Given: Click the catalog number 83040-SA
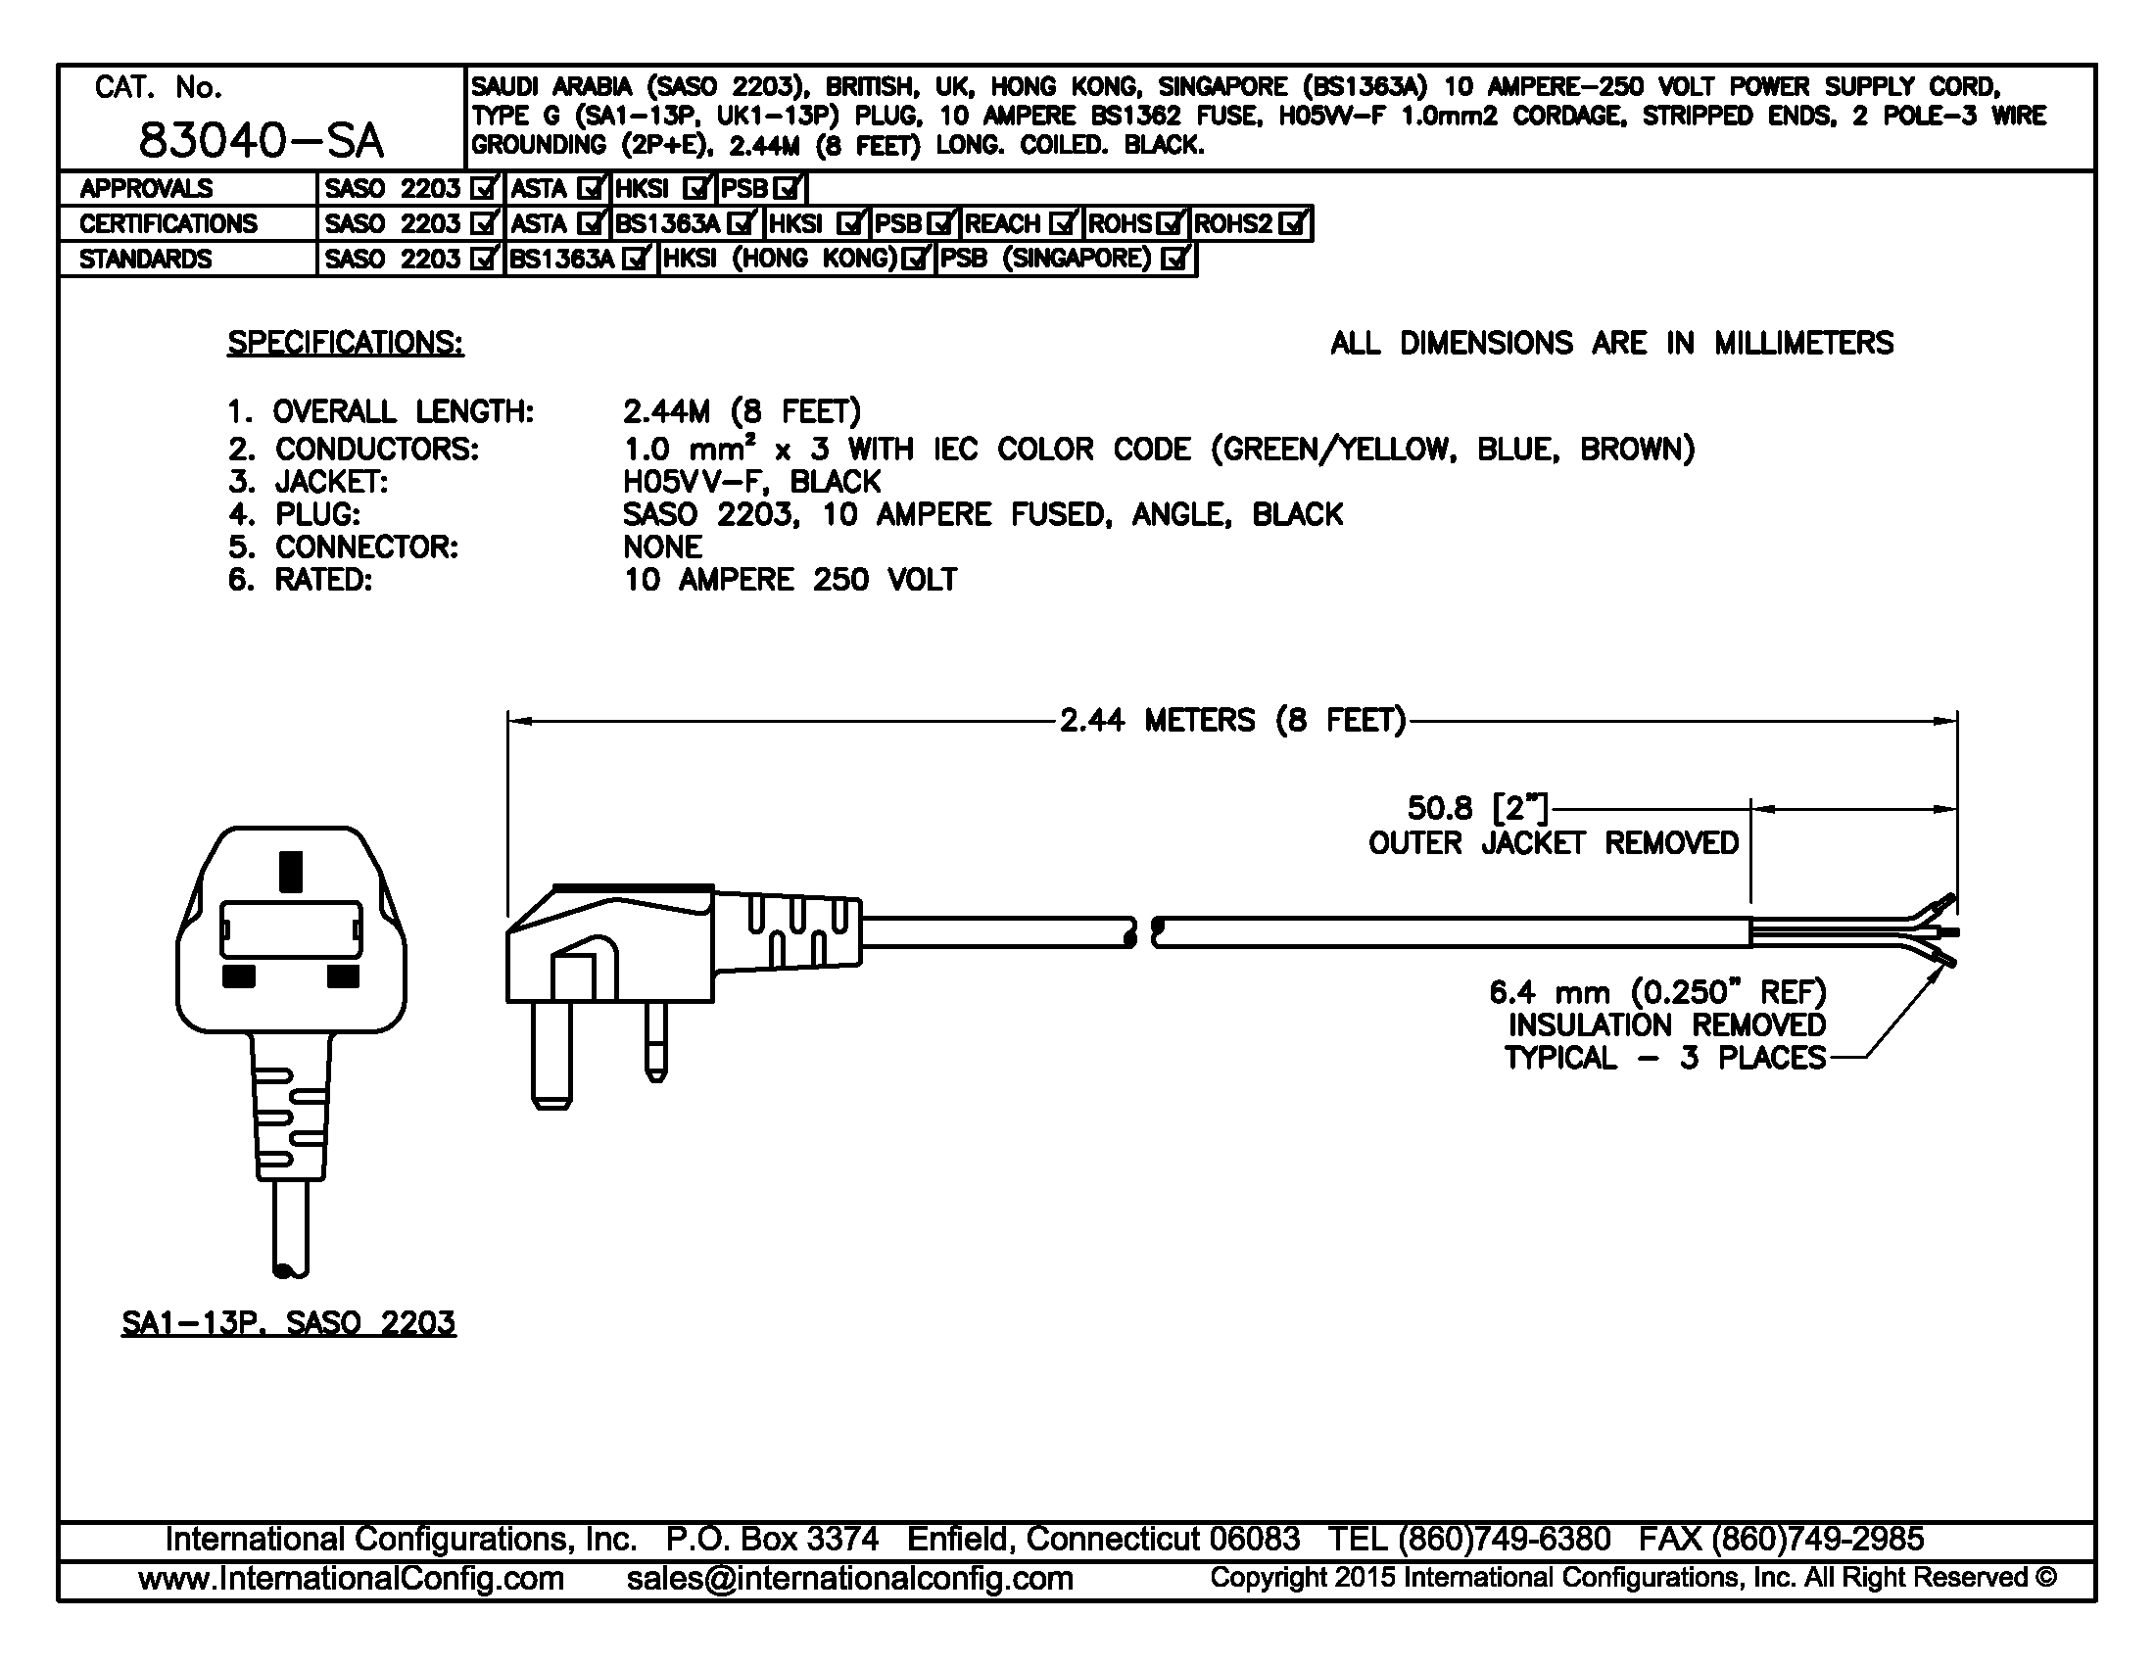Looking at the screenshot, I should tap(261, 140).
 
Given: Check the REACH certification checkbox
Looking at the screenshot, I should tap(1063, 224).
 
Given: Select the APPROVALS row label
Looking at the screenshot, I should tap(145, 188).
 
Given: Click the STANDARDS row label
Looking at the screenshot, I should tap(145, 260).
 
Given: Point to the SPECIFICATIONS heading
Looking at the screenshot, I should tap(346, 342).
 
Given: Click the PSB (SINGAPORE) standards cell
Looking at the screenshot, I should tap(1065, 259).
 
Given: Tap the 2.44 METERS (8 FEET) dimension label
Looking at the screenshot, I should tap(1231, 720).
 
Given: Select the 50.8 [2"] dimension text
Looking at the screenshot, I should tap(1477, 809).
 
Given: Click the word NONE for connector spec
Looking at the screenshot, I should tap(662, 547).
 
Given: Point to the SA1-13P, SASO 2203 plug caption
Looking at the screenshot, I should tap(288, 1322).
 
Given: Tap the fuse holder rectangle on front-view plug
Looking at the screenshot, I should tap(290, 929).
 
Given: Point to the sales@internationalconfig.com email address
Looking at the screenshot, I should tap(849, 1578).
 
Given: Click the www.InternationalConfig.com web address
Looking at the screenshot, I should tap(352, 1578).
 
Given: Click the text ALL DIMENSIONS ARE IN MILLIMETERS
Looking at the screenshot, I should tap(1611, 343).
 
